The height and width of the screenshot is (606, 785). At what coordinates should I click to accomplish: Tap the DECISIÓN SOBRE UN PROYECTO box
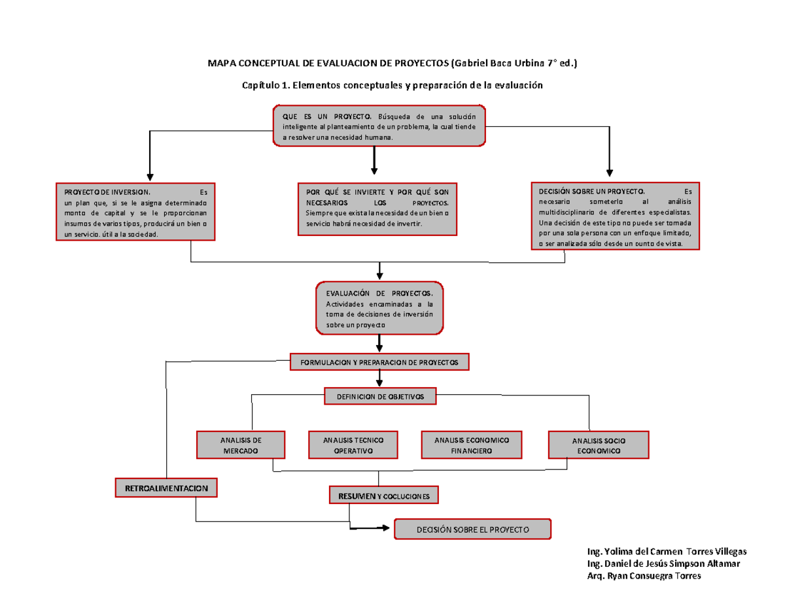(x=615, y=216)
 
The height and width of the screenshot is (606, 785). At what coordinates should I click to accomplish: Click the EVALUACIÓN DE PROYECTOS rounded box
(x=379, y=308)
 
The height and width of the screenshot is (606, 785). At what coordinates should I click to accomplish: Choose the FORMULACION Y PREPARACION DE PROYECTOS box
(x=380, y=362)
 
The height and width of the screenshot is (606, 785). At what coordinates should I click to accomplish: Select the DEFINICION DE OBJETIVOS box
(x=380, y=396)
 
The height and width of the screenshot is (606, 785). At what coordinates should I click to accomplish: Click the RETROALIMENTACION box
(x=167, y=488)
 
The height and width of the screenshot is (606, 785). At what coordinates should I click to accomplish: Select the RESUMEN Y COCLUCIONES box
(x=383, y=496)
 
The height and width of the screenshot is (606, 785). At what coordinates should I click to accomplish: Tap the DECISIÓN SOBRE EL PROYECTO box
(x=472, y=529)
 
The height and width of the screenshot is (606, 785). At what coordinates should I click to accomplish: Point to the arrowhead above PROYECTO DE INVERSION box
(x=150, y=176)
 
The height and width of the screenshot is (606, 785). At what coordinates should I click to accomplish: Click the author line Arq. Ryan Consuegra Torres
(x=644, y=576)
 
